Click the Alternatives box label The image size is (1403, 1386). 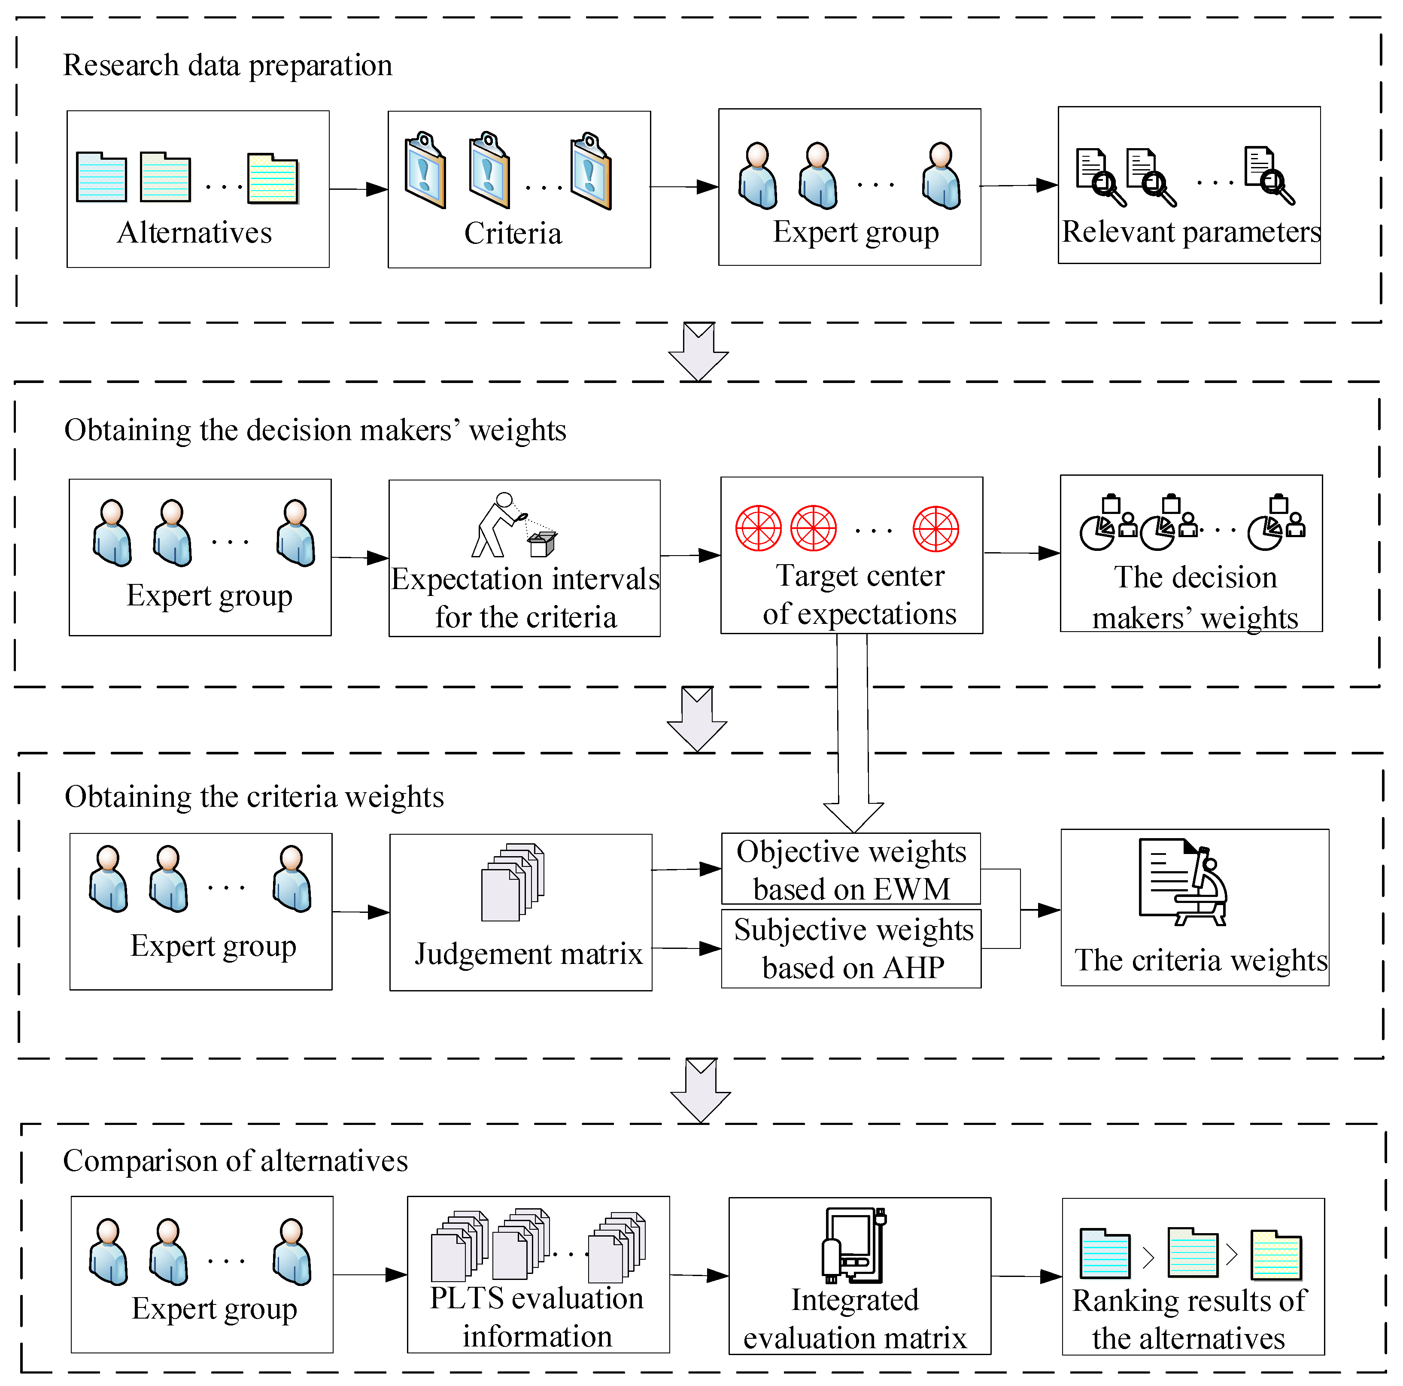194,232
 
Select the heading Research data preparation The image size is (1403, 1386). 227,65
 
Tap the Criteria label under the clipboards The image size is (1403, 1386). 513,233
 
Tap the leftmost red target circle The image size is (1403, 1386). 758,528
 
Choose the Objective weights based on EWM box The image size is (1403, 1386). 850,869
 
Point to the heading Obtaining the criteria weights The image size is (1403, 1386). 254,797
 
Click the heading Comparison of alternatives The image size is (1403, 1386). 235,1161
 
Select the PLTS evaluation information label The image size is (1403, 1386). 537,1317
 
